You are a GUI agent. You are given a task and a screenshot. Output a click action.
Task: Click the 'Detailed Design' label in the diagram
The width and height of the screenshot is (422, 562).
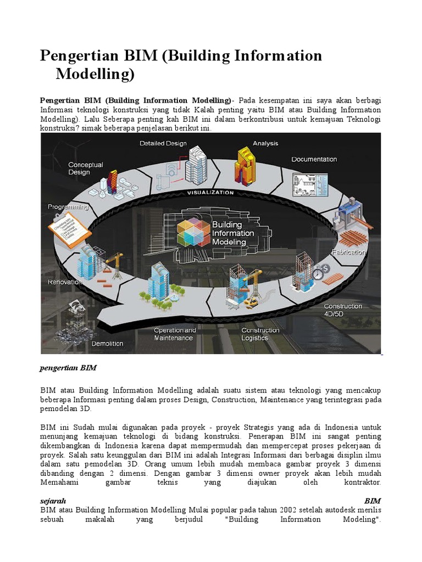[163, 144]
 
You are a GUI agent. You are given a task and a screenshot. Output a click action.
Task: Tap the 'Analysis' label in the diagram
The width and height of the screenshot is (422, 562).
[265, 144]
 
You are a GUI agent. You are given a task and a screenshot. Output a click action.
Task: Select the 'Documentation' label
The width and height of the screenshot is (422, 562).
[314, 160]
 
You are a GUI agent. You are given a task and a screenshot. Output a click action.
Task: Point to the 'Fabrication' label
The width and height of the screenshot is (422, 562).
[348, 252]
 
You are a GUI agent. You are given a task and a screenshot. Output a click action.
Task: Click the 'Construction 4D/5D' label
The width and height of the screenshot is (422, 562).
[342, 310]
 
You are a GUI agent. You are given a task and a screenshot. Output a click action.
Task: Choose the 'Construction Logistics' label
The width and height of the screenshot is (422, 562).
[260, 334]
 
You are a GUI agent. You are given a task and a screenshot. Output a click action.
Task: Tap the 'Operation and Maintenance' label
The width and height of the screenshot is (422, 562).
[175, 334]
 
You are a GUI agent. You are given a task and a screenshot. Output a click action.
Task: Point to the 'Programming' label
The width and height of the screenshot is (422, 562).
[68, 207]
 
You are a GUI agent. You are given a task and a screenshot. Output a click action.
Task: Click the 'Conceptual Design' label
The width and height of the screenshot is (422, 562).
[86, 168]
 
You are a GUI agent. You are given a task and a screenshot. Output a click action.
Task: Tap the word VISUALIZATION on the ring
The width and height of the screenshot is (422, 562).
[210, 193]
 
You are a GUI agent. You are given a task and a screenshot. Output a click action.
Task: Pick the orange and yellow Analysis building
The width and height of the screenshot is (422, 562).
[246, 165]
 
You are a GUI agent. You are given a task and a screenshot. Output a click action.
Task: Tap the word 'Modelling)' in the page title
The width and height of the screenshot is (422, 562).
[95, 74]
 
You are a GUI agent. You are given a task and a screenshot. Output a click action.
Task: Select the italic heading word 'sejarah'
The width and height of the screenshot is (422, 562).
[53, 501]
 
